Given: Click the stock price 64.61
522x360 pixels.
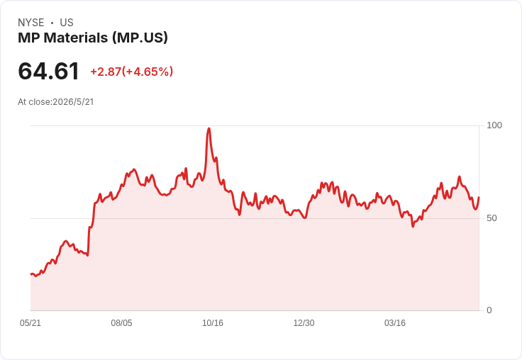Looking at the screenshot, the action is tap(49, 71).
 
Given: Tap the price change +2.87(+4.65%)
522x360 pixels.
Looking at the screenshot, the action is tap(131, 72).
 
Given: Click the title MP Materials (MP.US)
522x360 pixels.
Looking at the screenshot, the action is tap(93, 38).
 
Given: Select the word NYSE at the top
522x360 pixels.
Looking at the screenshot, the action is tap(31, 23).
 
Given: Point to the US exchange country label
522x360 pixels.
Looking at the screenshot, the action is tap(67, 23).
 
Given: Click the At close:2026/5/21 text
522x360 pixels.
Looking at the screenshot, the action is tap(56, 102).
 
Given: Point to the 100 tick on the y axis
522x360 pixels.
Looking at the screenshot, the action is tap(494, 125).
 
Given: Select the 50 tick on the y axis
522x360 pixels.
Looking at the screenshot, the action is tap(492, 218).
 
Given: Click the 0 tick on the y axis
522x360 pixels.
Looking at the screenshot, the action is tap(489, 310).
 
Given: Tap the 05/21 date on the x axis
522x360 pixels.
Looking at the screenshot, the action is tap(30, 322).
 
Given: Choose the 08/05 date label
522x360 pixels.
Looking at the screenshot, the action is tap(121, 322).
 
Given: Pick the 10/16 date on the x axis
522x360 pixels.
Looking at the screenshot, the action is tap(213, 322).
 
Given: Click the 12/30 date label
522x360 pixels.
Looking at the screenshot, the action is tap(304, 322).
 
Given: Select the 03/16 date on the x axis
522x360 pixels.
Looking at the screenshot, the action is tap(395, 322).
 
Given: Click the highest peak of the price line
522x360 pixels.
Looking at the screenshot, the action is tap(209, 128).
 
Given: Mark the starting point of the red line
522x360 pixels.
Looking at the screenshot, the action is tap(31, 274).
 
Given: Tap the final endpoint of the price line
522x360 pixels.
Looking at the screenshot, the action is tap(479, 197).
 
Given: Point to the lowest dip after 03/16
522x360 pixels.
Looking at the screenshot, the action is tap(413, 226).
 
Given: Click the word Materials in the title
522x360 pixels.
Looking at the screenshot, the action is tap(76, 38).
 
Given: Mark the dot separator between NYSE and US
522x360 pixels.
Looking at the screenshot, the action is tap(52, 23).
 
